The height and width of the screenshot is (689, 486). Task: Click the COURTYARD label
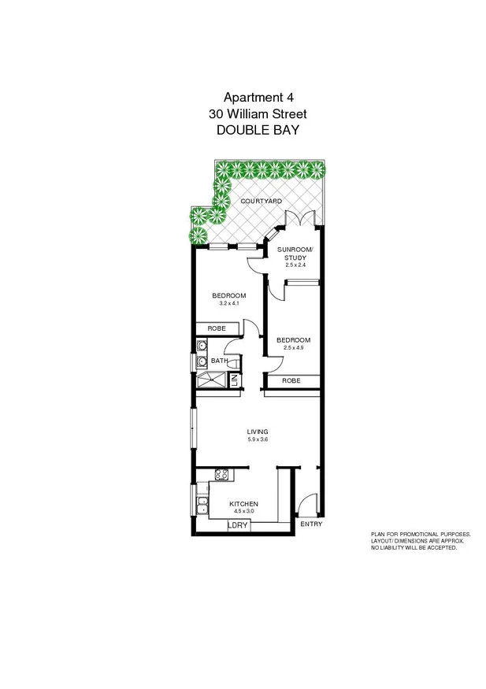click(x=262, y=202)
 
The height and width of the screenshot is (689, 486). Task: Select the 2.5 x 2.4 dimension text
click(x=296, y=265)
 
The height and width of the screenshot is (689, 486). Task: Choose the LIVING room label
click(x=258, y=432)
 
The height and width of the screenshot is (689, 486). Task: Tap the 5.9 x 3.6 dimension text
click(x=258, y=439)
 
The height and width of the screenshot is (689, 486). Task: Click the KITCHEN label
click(x=243, y=504)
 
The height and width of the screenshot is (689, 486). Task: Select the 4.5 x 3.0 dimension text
click(x=243, y=512)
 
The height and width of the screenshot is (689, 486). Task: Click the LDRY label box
click(x=238, y=525)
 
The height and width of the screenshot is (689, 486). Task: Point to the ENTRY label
click(x=310, y=524)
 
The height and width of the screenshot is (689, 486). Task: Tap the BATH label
click(x=219, y=361)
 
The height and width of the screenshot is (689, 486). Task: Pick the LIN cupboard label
click(x=234, y=380)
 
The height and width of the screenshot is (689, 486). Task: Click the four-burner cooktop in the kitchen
click(x=221, y=474)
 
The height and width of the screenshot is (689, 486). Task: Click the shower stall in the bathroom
click(x=210, y=380)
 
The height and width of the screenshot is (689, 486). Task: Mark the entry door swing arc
click(x=307, y=502)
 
